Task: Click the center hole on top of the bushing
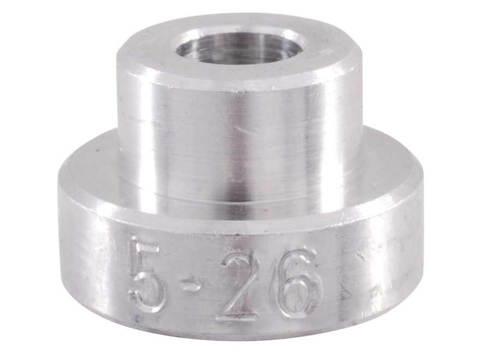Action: click(x=240, y=48)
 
